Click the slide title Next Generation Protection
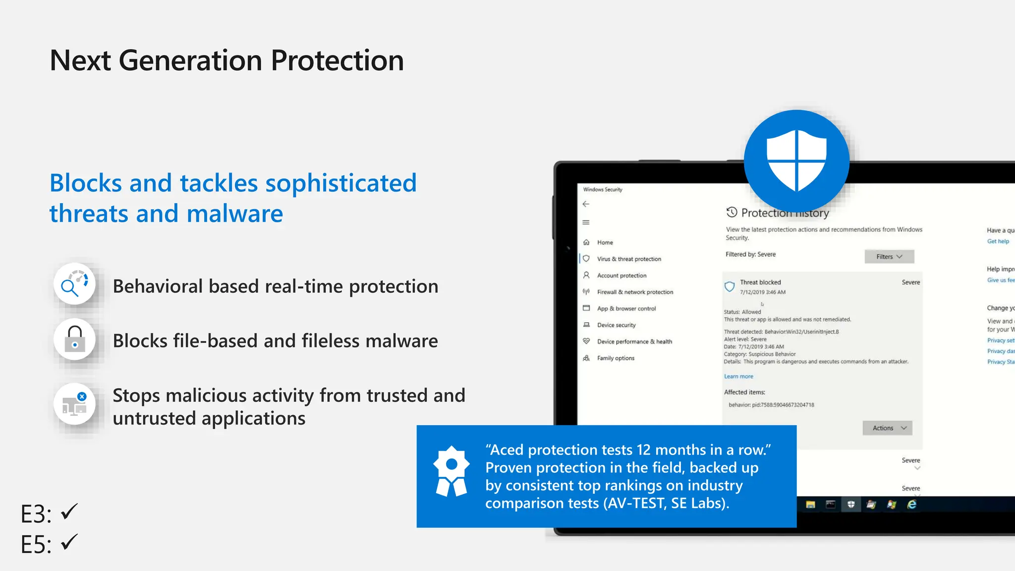coord(226,60)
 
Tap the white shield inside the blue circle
coord(796,160)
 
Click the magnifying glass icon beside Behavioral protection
coord(74,284)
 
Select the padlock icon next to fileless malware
coord(74,339)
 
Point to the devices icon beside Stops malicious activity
coord(74,404)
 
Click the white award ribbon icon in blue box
coord(451,471)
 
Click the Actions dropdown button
coord(887,428)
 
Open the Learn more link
coord(738,377)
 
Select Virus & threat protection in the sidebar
coord(628,259)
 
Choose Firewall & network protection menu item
coord(635,292)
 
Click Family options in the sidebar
coord(616,358)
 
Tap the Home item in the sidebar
coord(605,242)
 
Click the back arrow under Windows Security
coord(586,204)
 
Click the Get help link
coord(998,241)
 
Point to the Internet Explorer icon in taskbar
coord(911,505)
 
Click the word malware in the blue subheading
coord(234,214)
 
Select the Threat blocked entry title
coord(760,282)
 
